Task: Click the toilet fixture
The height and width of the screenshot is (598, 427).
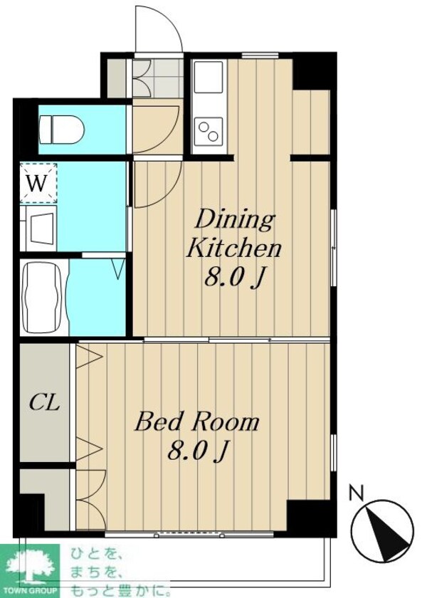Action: pos(61,130)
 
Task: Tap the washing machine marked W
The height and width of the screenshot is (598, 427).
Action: pos(38,183)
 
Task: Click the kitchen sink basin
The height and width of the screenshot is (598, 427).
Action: pos(208,77)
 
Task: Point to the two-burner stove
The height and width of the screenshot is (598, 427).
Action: pos(208,131)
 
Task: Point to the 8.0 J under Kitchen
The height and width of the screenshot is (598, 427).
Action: pos(234,277)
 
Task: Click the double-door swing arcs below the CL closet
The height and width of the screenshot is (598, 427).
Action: pos(92,500)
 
